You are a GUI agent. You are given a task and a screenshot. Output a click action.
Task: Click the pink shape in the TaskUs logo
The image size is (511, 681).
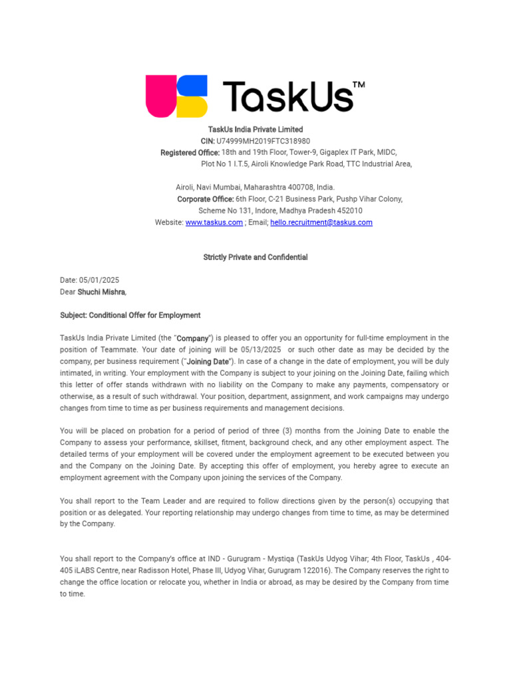(x=159, y=96)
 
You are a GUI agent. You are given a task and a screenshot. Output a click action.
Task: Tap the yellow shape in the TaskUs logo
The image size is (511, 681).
(x=194, y=107)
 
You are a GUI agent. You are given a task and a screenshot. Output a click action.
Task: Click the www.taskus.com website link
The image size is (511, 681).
(x=214, y=223)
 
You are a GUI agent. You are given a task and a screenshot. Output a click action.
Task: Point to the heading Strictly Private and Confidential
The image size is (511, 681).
(x=255, y=257)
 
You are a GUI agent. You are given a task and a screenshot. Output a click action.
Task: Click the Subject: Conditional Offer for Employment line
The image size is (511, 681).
(x=130, y=315)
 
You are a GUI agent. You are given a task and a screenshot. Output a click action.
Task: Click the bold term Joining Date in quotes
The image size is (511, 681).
(x=208, y=362)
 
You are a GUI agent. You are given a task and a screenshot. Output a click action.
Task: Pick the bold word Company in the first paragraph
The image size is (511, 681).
(x=192, y=339)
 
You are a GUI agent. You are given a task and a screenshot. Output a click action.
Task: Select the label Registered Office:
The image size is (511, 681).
(x=190, y=153)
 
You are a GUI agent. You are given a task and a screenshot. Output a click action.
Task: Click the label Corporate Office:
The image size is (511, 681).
(x=205, y=200)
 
